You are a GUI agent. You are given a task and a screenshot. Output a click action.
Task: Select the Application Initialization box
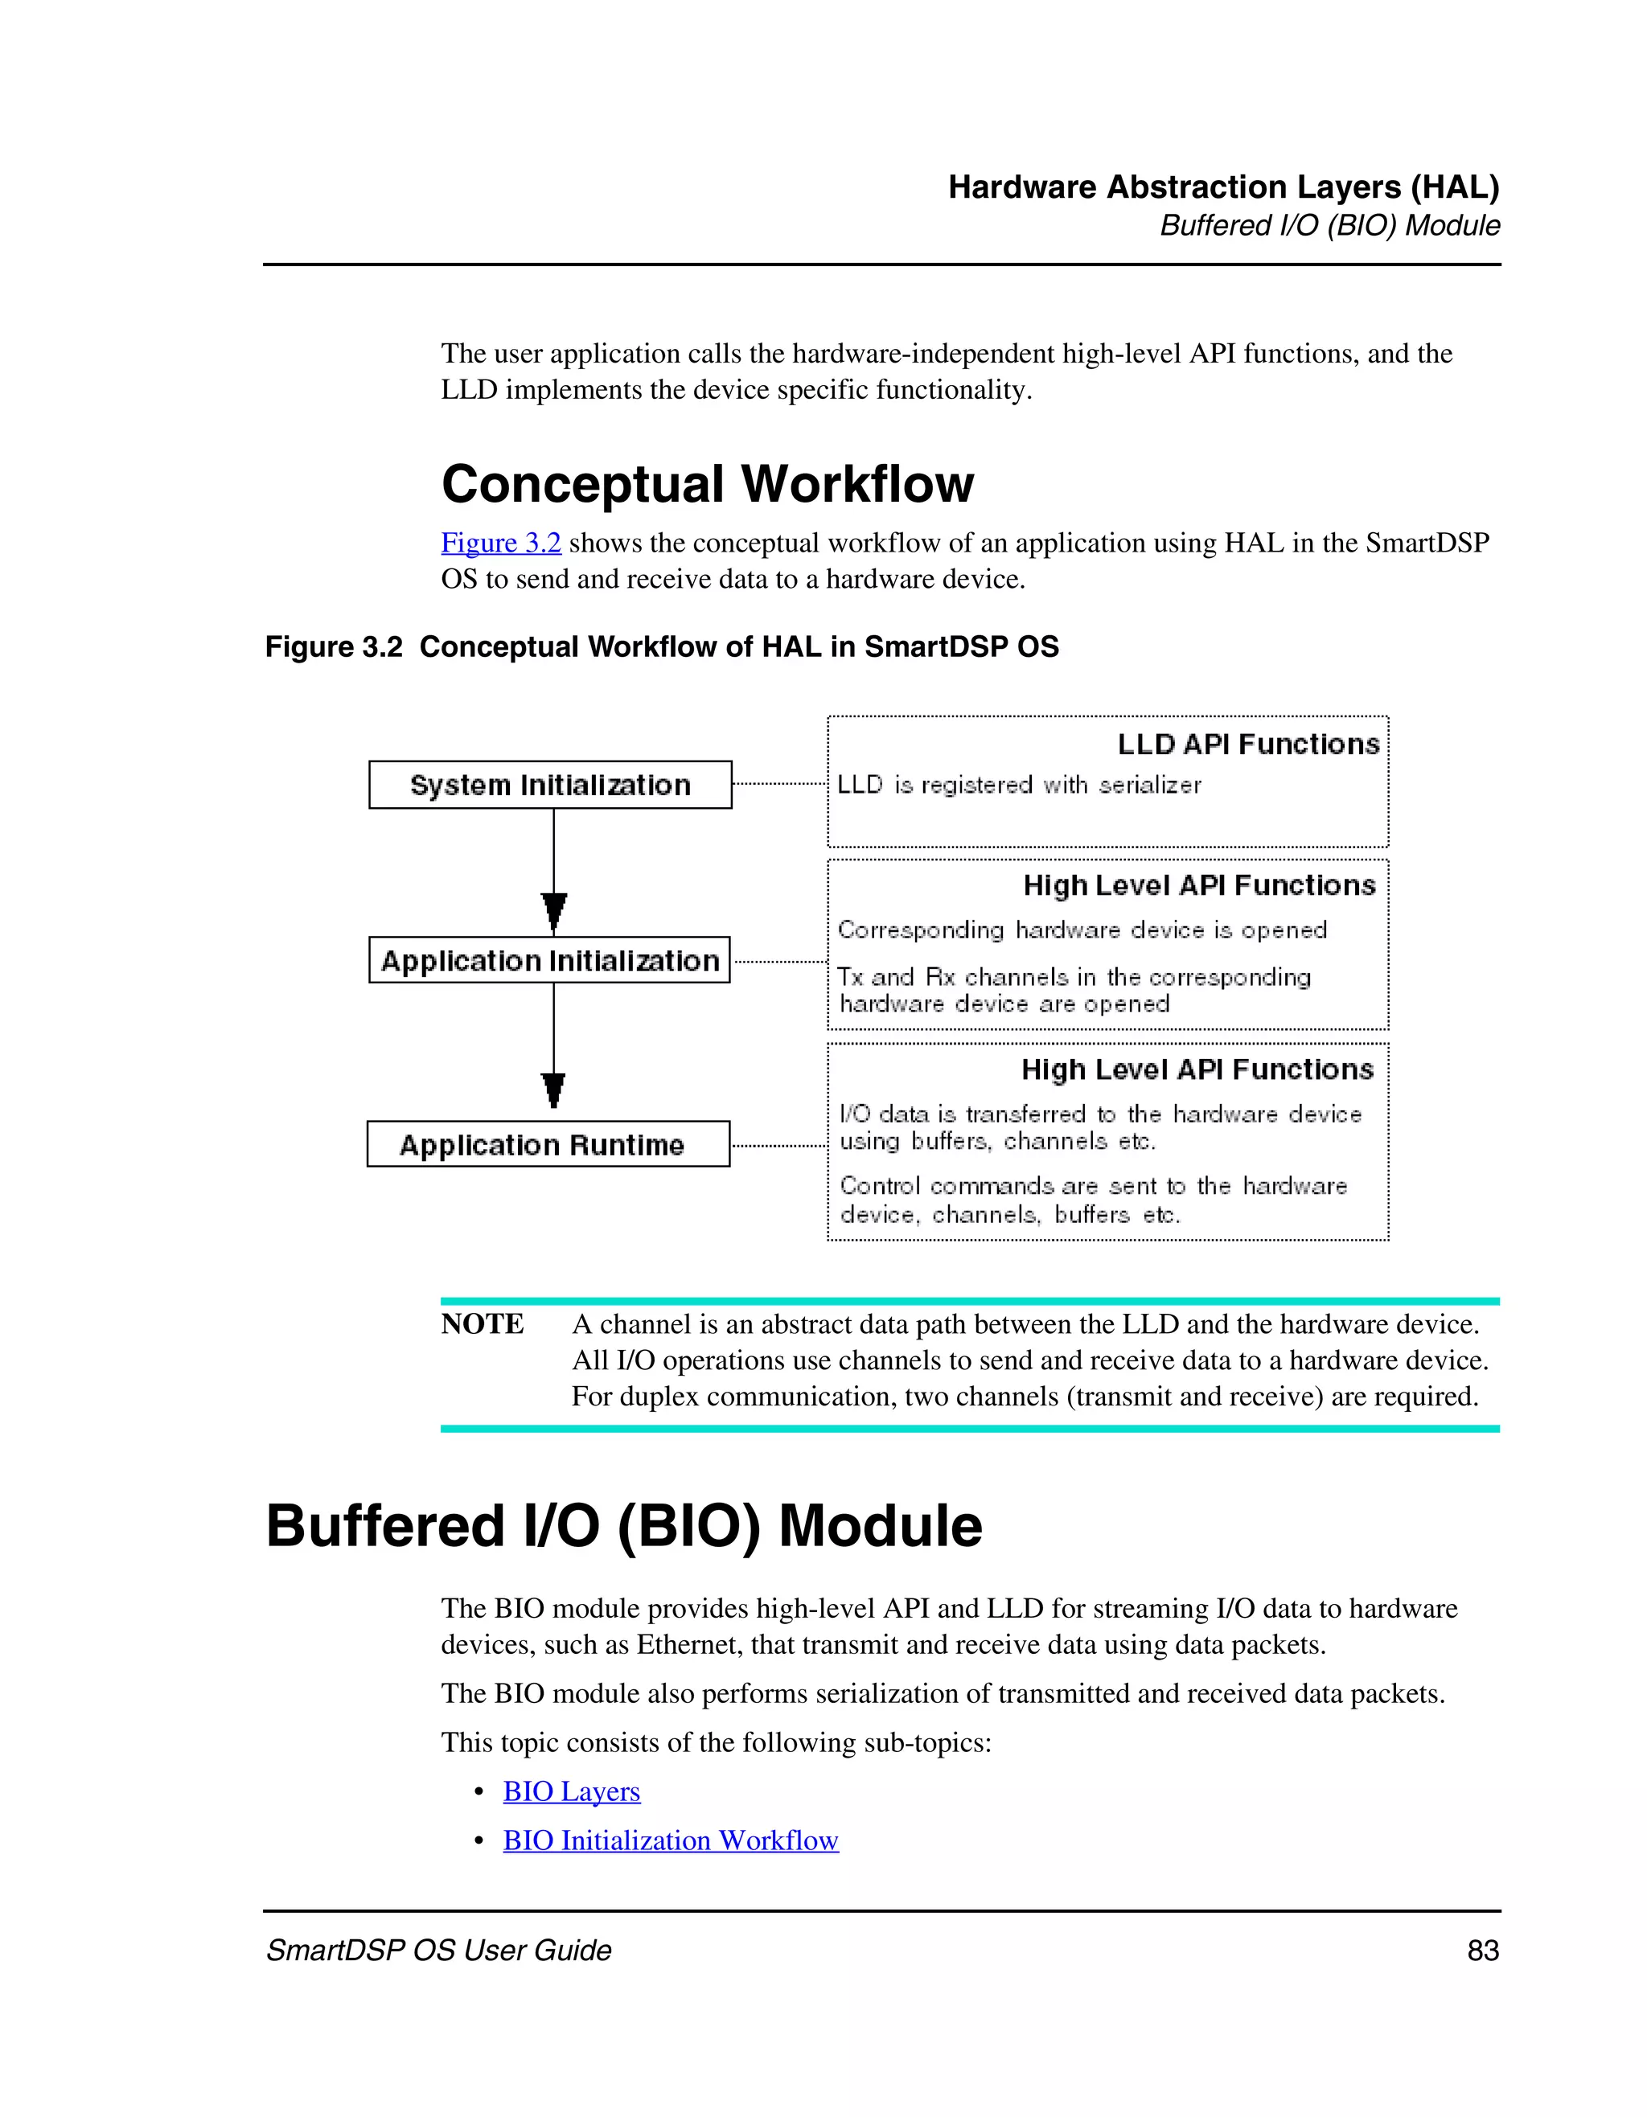click(549, 961)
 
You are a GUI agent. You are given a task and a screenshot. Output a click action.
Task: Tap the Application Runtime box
click(548, 1145)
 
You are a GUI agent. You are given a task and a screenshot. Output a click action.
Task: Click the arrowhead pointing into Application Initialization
click(554, 912)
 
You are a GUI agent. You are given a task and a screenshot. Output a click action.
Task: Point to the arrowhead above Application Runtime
click(553, 1089)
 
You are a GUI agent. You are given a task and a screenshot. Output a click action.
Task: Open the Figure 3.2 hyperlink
click(500, 543)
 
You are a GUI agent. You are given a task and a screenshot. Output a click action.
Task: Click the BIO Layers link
click(571, 1791)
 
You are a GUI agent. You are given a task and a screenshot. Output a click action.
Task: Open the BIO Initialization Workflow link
click(670, 1840)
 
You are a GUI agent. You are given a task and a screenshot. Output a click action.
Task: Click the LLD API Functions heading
click(1247, 745)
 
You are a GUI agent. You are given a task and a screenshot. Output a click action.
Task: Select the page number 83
click(1483, 1951)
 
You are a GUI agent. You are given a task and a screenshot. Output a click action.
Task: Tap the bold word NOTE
click(482, 1324)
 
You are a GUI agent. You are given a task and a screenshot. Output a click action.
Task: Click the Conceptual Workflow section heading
click(707, 484)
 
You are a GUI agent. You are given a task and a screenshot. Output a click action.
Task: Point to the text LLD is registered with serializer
click(1018, 786)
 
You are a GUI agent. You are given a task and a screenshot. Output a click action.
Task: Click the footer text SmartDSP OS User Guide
click(438, 1951)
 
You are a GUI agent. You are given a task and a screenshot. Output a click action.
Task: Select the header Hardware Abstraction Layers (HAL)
click(1223, 187)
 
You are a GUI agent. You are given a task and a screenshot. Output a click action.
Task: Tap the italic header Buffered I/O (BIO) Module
click(1329, 226)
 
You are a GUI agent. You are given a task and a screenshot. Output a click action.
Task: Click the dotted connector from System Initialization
click(779, 783)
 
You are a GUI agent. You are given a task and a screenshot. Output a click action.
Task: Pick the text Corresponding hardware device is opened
click(1082, 930)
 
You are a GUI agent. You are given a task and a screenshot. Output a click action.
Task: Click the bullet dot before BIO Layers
click(478, 1791)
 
